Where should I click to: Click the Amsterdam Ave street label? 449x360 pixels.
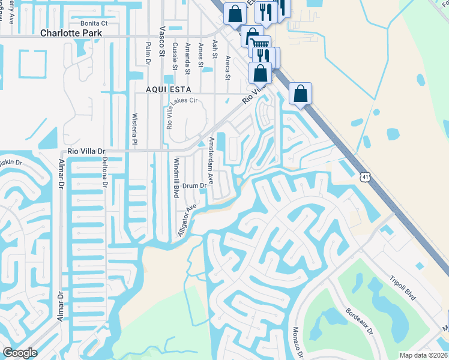click(x=210, y=160)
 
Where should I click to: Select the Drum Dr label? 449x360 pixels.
click(x=194, y=186)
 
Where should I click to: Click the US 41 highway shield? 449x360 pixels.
click(x=366, y=176)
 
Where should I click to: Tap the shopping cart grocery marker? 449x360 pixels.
click(x=259, y=44)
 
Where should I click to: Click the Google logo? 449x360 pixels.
click(x=20, y=353)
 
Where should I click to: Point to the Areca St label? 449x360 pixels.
click(x=228, y=67)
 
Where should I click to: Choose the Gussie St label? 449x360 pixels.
click(x=174, y=56)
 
